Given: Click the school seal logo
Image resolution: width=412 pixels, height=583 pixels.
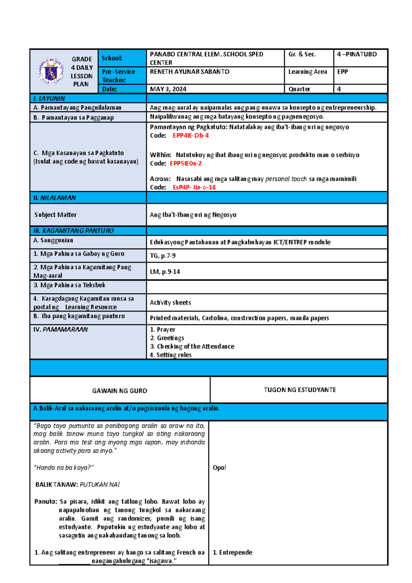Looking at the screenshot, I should pos(51,71).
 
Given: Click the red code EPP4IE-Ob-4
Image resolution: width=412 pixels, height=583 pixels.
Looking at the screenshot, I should pos(191,135).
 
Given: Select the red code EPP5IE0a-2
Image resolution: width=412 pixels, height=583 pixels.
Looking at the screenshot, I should pos(186,163).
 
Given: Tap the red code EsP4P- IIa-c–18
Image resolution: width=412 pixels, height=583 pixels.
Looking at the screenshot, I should pos(194,187).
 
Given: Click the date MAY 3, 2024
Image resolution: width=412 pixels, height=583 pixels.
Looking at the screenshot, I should pos(168,89).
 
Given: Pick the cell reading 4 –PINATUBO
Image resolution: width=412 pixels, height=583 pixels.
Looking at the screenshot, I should pos(357,54).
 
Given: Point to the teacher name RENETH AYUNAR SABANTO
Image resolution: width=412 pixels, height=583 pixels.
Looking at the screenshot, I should pos(190,71).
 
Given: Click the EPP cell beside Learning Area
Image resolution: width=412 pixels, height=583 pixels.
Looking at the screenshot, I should pos(342,71).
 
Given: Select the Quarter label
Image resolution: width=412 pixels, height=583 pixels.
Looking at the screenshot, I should pos(299,89).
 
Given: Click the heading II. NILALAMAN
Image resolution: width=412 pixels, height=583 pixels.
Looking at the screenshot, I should pos(55,198).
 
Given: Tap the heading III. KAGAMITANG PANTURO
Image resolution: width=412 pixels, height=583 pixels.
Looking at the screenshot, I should pos(73,231).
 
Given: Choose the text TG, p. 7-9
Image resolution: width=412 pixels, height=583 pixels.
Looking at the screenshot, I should pos(163,256).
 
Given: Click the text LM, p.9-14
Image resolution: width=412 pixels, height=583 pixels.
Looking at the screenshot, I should pos(165,272).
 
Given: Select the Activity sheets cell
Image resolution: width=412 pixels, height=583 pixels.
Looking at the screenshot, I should pos(170,302).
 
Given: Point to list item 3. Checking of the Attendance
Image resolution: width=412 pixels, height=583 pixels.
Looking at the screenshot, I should pos(192,346).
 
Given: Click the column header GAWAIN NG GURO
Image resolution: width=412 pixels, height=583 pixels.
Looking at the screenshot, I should pos(119,391).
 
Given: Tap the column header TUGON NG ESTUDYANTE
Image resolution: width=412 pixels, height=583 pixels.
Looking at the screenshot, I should pos(300,390).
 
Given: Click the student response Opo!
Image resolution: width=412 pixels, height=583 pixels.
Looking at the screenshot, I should pos(219,467).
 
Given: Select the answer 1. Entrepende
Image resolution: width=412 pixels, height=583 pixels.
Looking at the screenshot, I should pos(232,552).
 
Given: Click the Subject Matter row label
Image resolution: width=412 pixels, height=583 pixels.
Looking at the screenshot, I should pos(55,215).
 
